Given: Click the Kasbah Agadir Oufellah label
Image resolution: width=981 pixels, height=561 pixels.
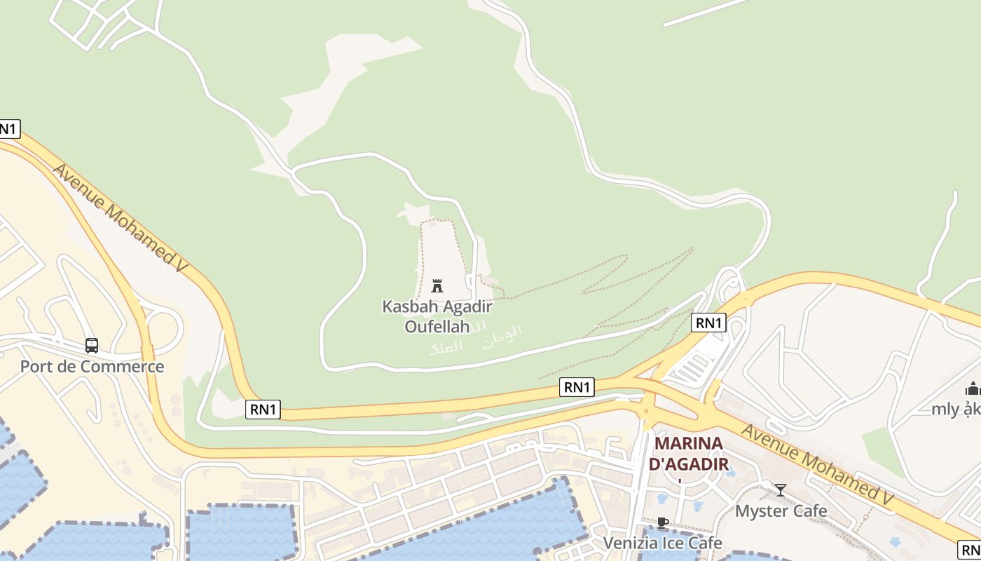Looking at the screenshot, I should tap(437, 316).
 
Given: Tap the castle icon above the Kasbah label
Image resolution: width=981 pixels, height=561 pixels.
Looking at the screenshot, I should tap(437, 285).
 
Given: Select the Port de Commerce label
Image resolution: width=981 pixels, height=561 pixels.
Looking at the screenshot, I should tap(92, 366).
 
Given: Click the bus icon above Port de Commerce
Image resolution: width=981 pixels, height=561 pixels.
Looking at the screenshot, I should tap(92, 345).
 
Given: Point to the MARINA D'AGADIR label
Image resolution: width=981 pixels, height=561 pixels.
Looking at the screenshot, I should tap(688, 453).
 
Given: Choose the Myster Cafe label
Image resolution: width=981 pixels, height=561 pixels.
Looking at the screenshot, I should tap(781, 511).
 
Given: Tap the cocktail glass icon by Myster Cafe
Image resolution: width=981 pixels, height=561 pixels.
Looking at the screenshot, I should tap(780, 489).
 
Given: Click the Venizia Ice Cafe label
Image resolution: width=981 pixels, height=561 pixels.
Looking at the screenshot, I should tap(662, 543).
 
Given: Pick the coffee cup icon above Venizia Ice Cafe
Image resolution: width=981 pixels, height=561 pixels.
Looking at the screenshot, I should tap(662, 522).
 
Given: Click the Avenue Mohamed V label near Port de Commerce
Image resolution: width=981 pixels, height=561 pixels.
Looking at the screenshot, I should tap(121, 218).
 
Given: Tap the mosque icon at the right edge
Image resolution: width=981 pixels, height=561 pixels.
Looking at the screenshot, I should tap(973, 388).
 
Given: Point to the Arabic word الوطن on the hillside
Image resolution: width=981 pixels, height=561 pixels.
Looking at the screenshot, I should tap(502, 332).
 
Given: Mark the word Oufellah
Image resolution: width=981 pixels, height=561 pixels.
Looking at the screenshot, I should tap(437, 326).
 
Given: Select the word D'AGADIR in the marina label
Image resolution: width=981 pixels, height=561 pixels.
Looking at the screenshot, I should tap(688, 464).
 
